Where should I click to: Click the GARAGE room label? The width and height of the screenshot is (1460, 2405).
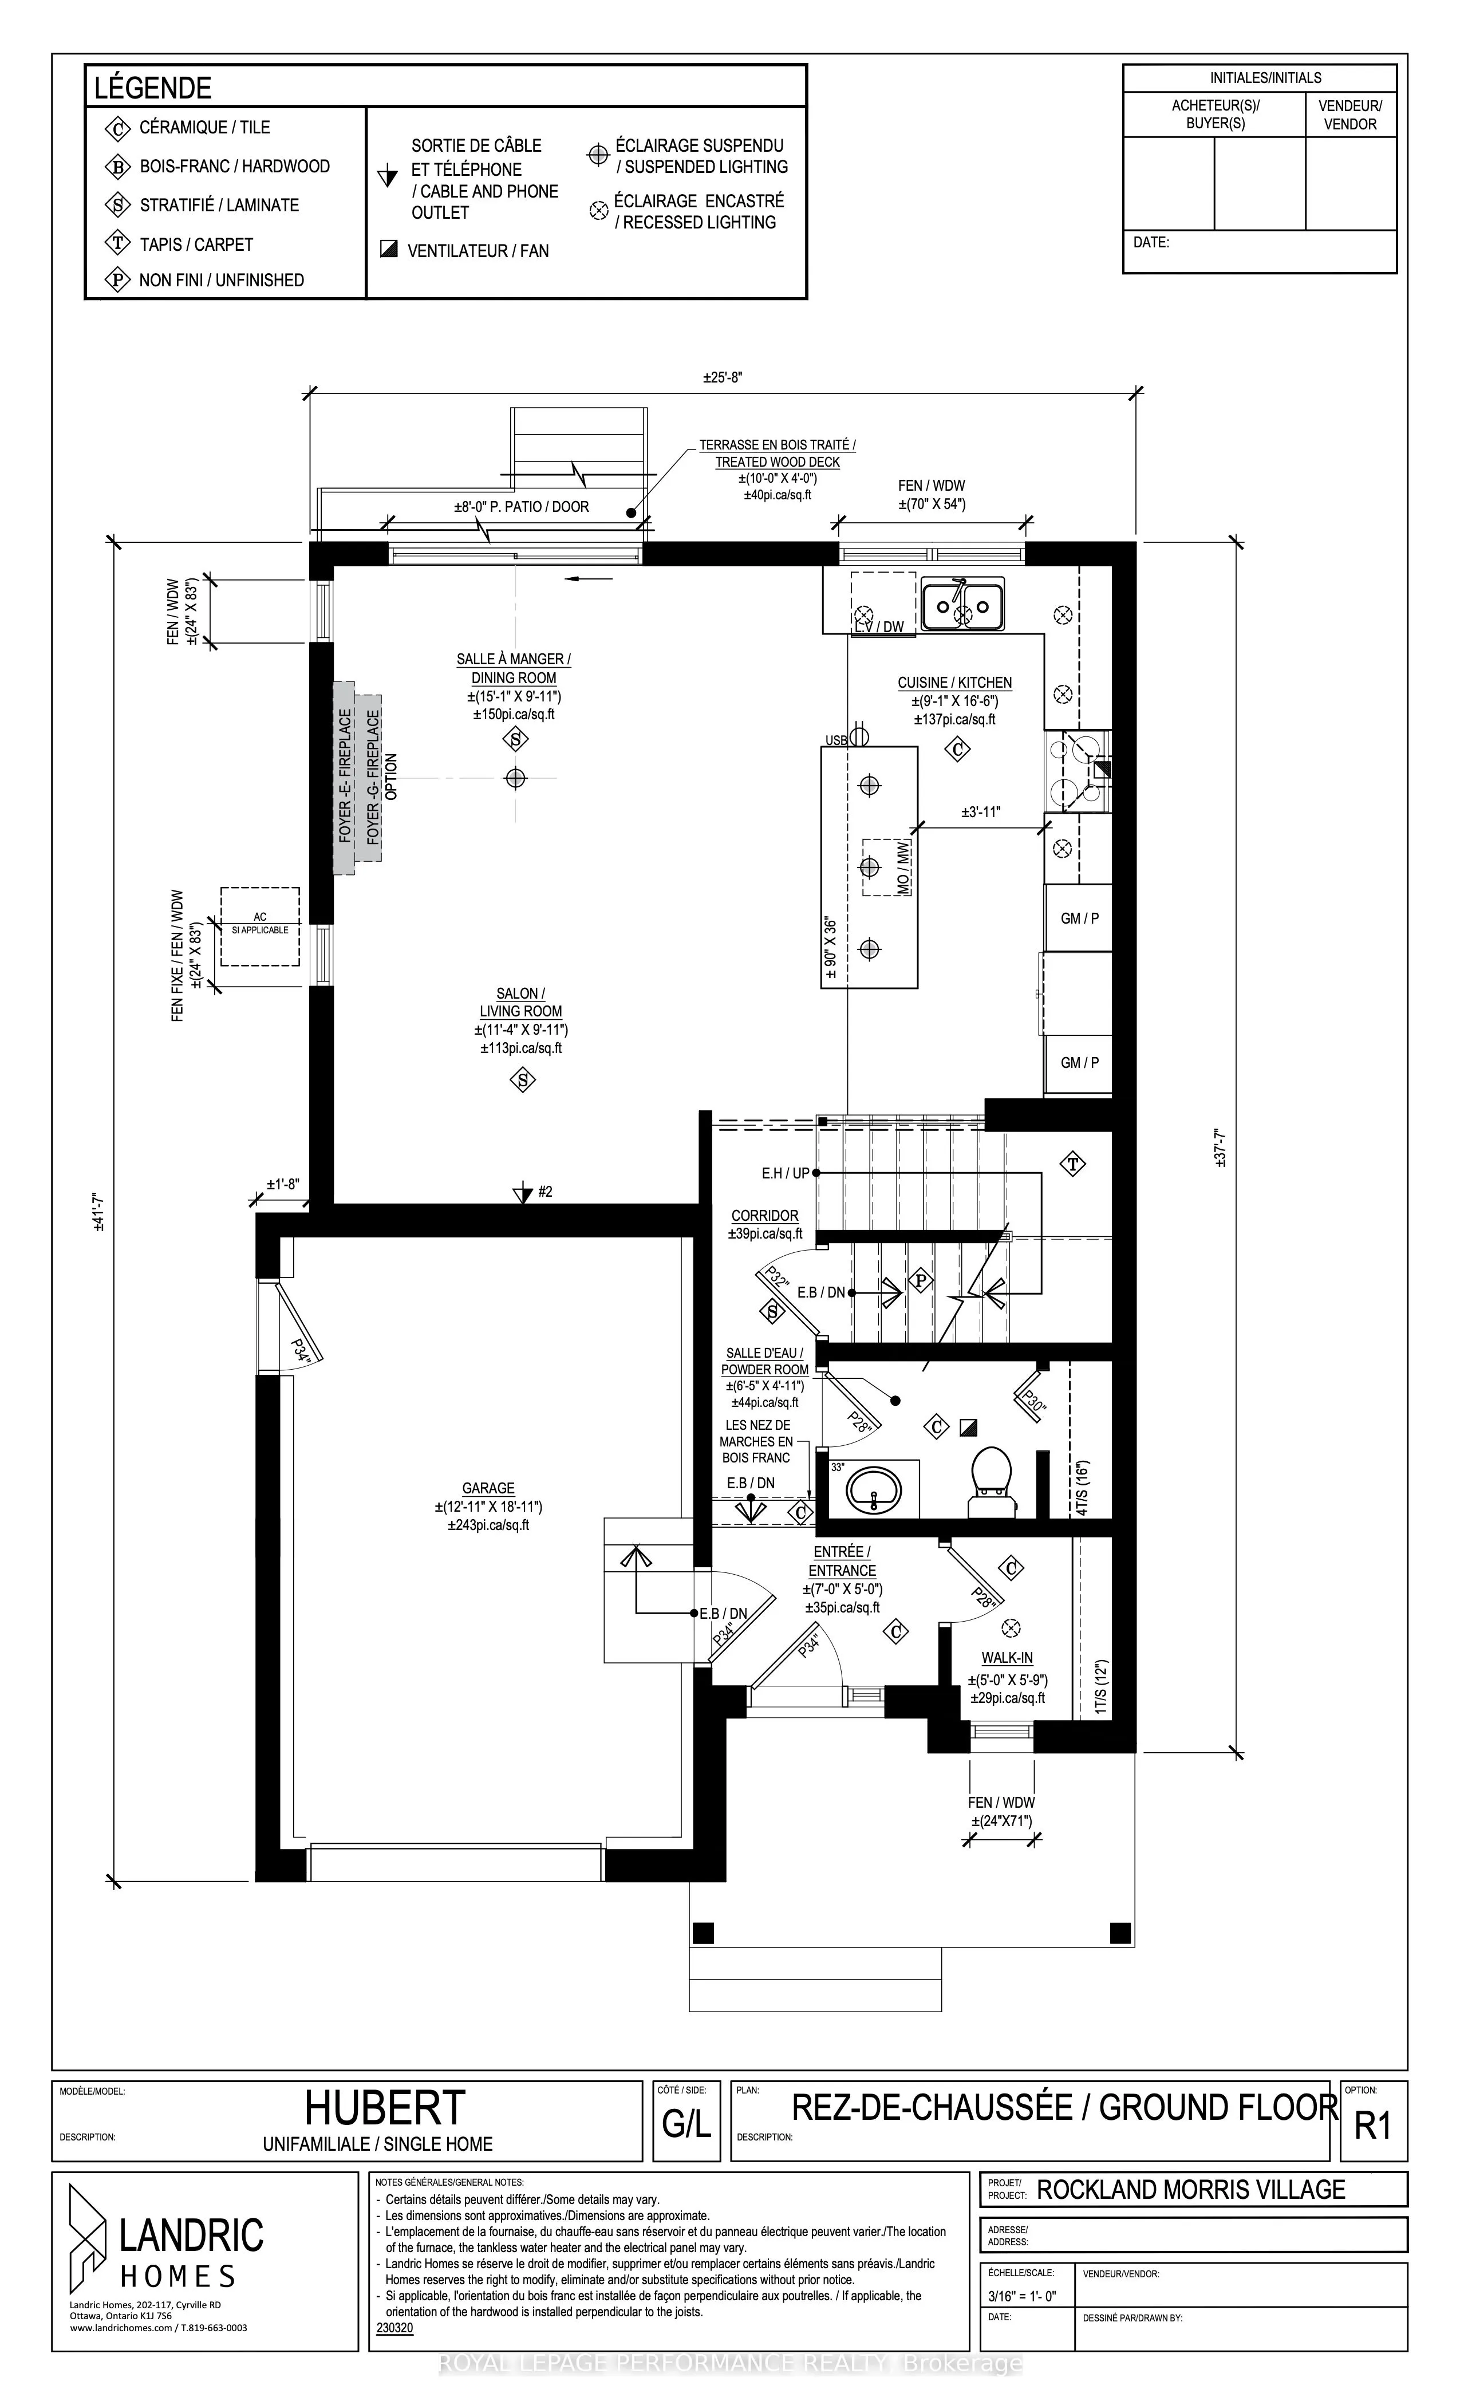click(x=488, y=1488)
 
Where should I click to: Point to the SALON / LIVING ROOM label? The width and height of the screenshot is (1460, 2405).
click(x=521, y=1003)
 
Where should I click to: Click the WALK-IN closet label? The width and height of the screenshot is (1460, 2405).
click(x=1007, y=1657)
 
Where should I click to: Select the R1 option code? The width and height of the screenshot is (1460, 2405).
click(x=1372, y=2125)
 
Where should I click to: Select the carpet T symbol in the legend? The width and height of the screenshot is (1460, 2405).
click(x=118, y=244)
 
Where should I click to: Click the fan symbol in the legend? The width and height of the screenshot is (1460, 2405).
click(x=388, y=250)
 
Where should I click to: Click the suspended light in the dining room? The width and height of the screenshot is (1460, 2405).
click(x=515, y=778)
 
